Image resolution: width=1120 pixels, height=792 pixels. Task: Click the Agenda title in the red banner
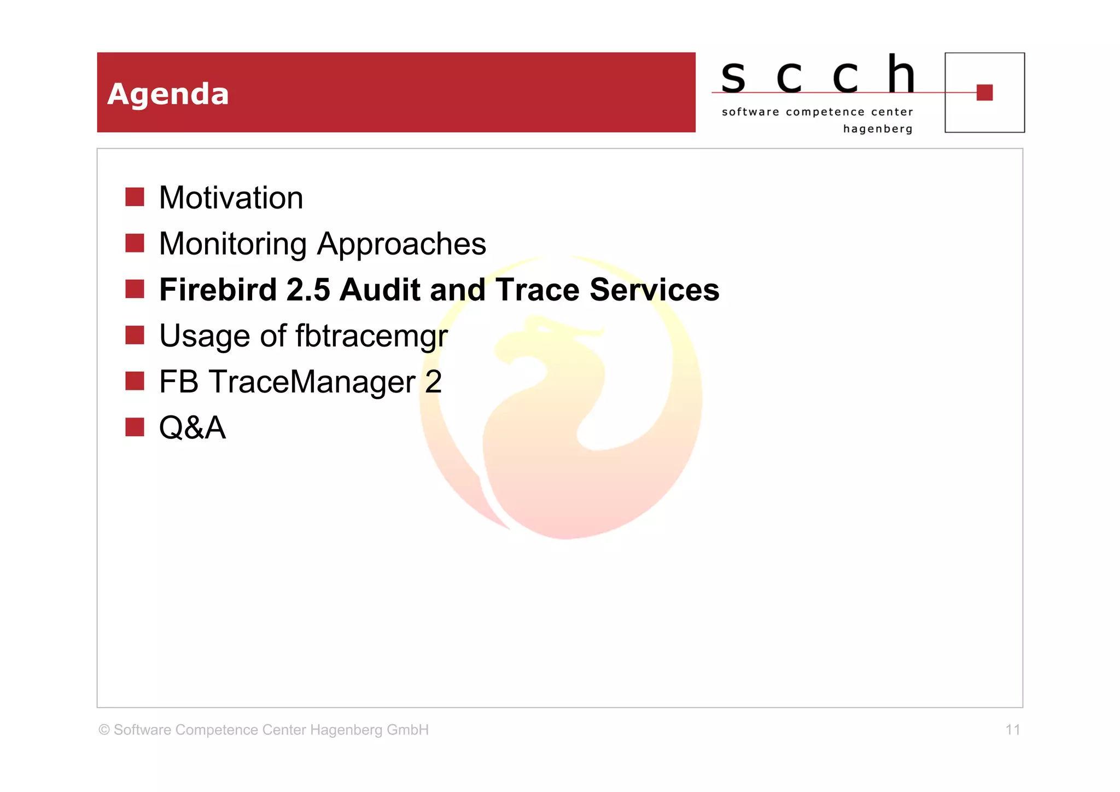coord(168,94)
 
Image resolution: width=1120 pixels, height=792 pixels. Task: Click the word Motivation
coord(231,198)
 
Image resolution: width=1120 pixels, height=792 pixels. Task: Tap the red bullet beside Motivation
coord(135,197)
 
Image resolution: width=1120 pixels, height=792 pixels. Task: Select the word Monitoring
coord(232,244)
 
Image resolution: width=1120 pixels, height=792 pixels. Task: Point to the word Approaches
coord(401,244)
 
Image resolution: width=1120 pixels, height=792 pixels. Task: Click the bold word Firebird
coord(218,290)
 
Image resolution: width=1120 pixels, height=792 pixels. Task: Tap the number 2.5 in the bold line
coord(308,290)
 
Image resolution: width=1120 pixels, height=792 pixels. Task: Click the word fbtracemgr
coord(371,336)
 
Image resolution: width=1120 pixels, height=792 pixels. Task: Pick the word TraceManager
coord(312,381)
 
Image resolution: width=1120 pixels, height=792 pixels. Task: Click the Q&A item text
coord(192,427)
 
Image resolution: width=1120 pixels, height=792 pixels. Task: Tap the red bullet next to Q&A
coord(135,427)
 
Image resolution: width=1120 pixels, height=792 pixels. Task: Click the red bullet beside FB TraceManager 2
coord(135,381)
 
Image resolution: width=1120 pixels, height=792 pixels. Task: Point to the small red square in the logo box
coord(984,93)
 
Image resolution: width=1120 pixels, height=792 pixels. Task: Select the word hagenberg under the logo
coord(877,129)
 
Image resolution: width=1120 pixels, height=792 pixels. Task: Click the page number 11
coord(1012,730)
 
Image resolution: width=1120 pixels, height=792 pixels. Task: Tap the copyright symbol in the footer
coord(104,730)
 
